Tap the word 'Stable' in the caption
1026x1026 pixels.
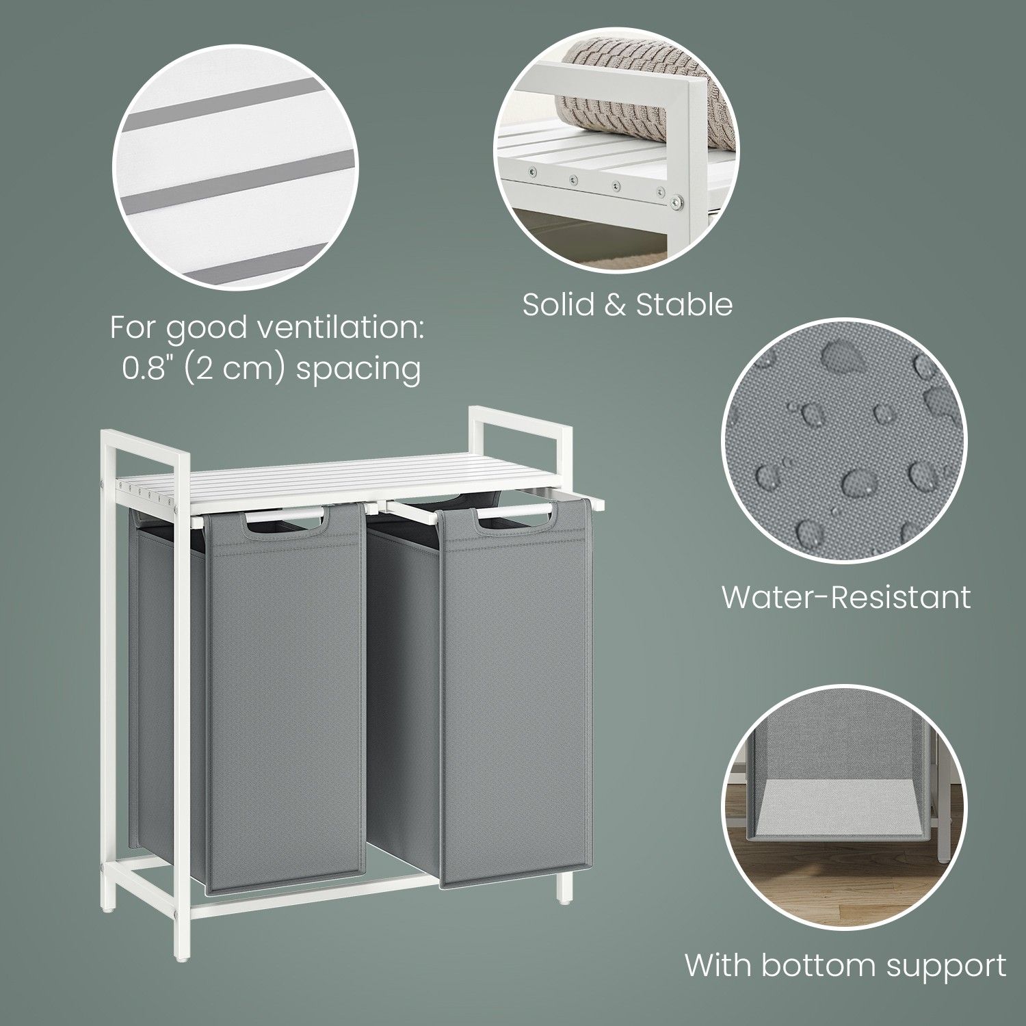[685, 304]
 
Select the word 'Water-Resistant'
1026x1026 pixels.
[846, 597]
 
